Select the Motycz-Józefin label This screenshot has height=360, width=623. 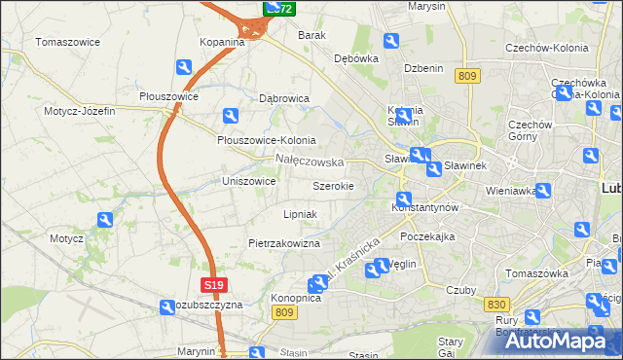pos(79,111)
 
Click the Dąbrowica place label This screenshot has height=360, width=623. pos(284,98)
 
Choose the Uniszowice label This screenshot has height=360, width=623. pos(249,181)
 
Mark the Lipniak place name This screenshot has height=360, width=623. pos(300,214)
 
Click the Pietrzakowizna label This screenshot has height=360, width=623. pos(284,243)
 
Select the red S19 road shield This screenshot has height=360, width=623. pos(215,285)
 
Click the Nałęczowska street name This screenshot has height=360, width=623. pos(310,161)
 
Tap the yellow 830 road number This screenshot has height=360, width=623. pos(495,305)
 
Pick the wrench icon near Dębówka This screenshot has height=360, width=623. pos(391,41)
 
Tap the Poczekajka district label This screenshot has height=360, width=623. pos(427,236)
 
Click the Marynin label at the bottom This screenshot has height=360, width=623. pos(196,351)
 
